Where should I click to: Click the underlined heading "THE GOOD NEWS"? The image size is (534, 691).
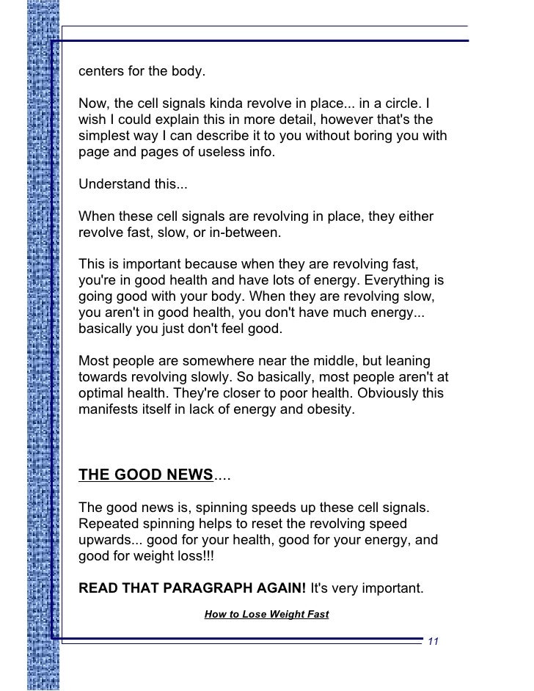point(145,473)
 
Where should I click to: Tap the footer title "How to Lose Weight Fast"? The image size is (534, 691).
point(266,615)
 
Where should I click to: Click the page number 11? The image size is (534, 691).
point(431,642)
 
